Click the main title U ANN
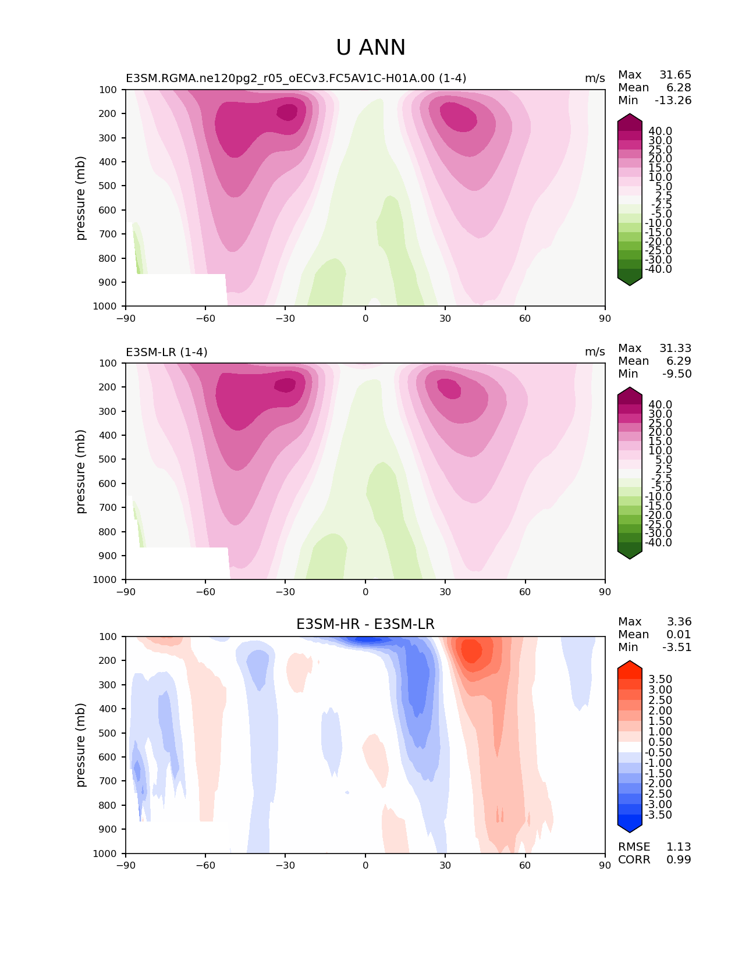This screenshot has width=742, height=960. [x=371, y=48]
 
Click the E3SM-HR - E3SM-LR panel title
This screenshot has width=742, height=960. [x=365, y=624]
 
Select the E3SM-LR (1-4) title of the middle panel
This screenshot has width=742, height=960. [x=166, y=352]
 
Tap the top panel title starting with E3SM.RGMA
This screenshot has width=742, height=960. [x=296, y=79]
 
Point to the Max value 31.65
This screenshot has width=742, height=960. [x=675, y=75]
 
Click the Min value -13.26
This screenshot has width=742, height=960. [x=673, y=101]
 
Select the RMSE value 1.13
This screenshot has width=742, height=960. [x=679, y=847]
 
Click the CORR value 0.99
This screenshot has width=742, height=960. [x=679, y=860]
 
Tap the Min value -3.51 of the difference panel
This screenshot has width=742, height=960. [x=677, y=648]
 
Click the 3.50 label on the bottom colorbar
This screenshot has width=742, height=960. [x=660, y=680]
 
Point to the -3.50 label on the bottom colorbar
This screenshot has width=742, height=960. [x=658, y=815]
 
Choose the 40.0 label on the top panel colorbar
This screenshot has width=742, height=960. [x=660, y=131]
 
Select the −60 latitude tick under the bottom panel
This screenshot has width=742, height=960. [x=205, y=865]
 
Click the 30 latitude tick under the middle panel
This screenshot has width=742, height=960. [x=445, y=592]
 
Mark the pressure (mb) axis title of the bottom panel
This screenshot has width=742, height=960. [x=81, y=745]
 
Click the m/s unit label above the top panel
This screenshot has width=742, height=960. [x=595, y=79]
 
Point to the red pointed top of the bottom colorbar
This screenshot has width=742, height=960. [x=630, y=666]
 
